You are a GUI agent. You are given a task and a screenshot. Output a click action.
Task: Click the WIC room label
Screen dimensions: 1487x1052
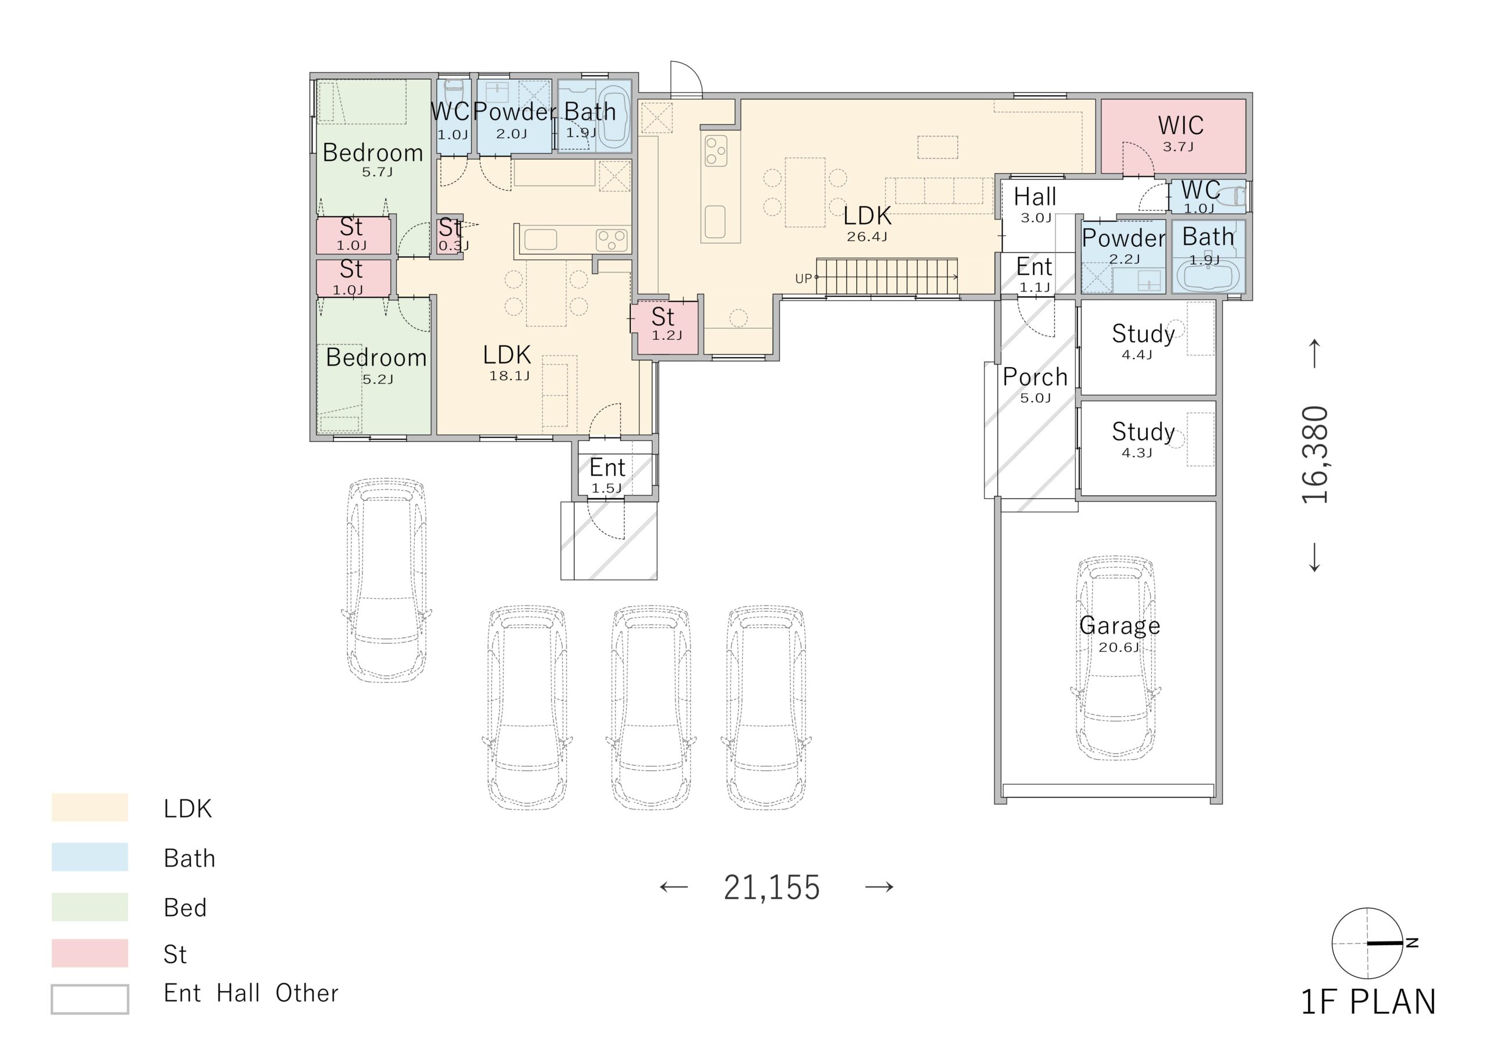1181,125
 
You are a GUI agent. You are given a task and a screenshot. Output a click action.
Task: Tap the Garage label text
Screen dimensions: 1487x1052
1120,626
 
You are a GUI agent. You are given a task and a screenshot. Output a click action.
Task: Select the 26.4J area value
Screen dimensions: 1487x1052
867,237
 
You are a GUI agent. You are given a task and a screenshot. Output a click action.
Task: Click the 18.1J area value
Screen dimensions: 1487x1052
509,376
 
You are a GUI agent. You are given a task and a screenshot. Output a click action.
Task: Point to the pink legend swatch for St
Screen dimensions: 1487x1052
90,953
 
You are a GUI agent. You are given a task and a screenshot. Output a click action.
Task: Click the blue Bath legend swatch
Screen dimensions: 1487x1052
90,856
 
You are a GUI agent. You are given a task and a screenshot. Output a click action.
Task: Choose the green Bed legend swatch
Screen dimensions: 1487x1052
90,906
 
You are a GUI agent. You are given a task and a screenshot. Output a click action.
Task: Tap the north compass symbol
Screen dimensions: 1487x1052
1367,943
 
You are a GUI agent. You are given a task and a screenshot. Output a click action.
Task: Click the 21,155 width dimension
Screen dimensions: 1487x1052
772,888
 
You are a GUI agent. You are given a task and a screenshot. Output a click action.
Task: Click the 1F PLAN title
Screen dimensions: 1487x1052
1369,1001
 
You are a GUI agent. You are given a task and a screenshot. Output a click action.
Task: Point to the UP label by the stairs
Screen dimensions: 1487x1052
803,279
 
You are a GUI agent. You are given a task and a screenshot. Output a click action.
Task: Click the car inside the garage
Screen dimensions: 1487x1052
1116,658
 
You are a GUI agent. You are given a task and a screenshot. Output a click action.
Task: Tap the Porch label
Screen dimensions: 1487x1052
1035,376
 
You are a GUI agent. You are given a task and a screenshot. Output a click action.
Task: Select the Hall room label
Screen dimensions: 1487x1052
1035,196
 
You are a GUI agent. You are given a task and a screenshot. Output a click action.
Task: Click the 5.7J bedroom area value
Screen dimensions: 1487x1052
377,173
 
